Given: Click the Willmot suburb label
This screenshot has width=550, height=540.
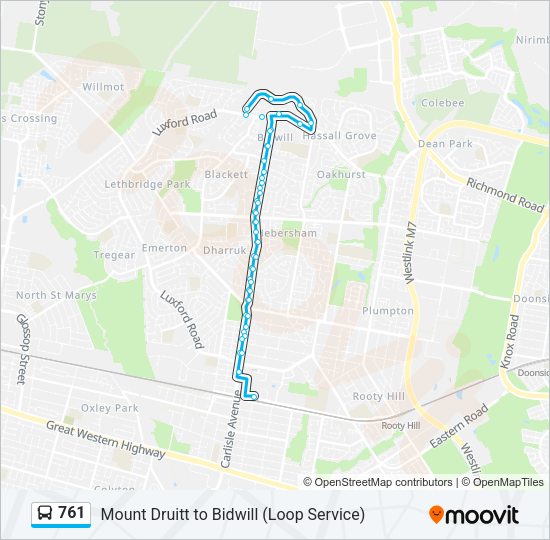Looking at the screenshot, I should point(104,87).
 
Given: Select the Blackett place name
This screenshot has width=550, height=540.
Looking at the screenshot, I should point(226,174).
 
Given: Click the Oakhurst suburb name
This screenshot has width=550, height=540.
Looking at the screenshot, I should point(341,174).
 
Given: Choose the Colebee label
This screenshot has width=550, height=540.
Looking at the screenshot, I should point(442,103).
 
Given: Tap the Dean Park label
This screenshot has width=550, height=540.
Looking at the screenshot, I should point(445,144).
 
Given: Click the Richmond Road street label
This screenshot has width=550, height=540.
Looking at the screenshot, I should point(506,190).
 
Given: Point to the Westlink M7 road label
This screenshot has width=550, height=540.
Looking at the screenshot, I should point(410,254).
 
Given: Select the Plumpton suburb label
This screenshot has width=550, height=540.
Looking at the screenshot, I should point(388,311).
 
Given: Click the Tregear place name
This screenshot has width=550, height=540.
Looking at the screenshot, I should point(114,255).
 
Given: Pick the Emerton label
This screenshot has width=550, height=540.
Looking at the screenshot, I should point(164,248).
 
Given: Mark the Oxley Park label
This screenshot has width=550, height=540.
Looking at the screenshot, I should point(110,408).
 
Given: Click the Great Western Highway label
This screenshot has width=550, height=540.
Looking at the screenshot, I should point(106,439).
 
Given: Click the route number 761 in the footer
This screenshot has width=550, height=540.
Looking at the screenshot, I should point(71,513).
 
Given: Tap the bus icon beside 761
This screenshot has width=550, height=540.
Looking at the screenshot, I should point(45,514).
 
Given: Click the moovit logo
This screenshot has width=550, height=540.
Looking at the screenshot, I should point(474,515).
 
